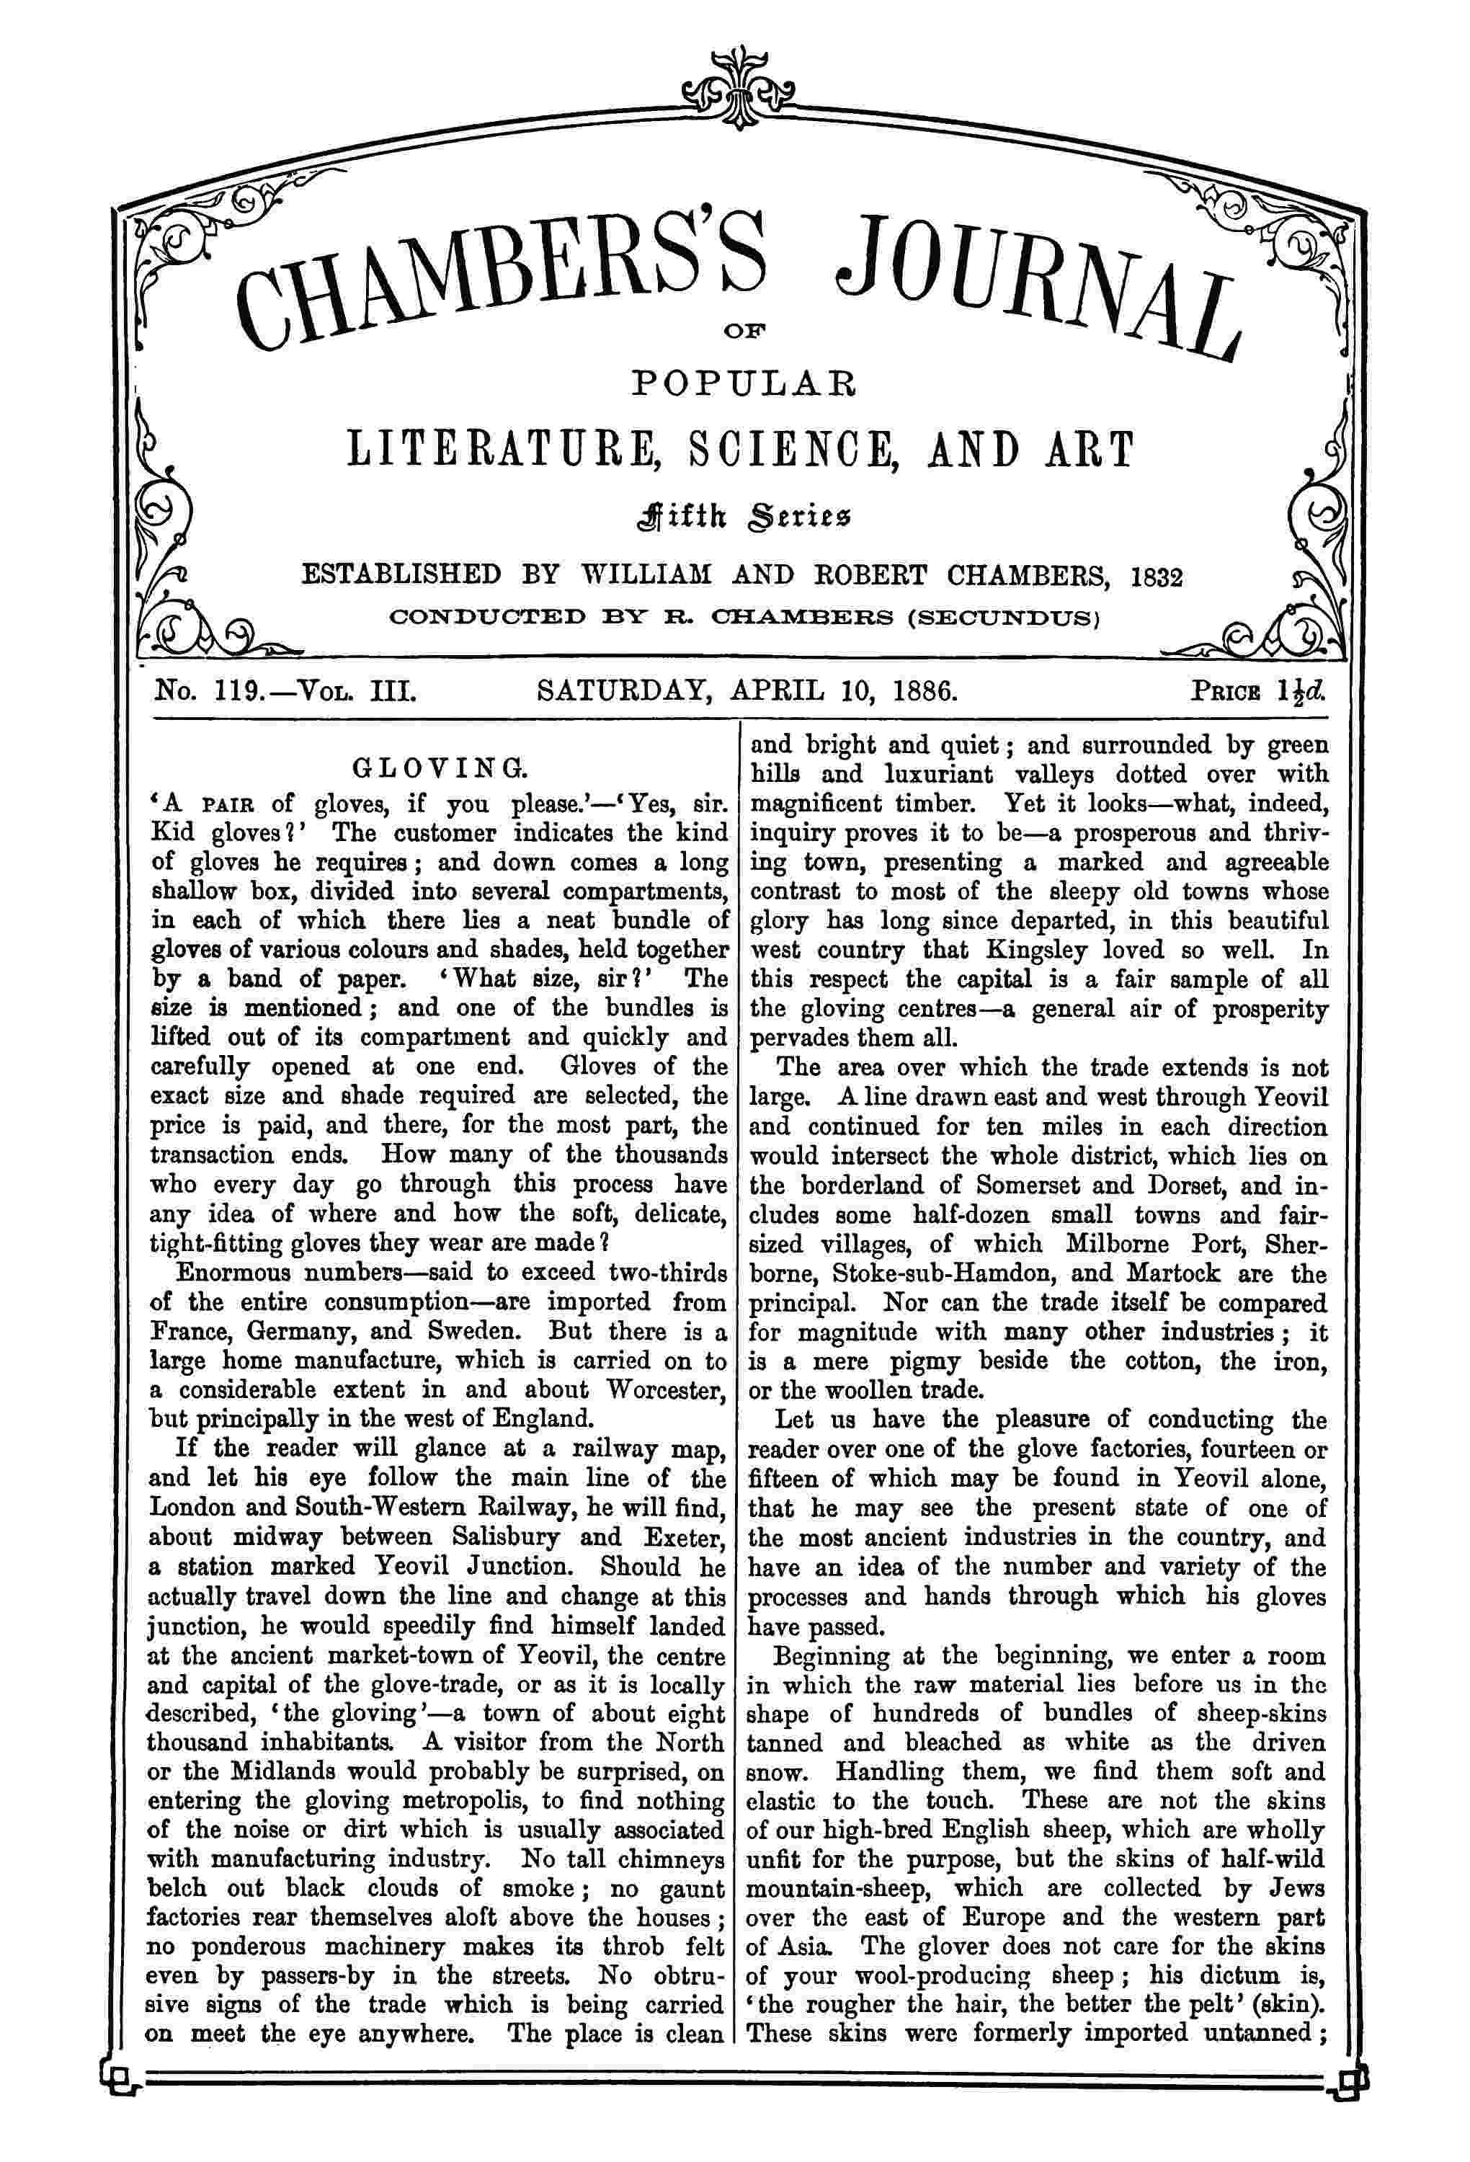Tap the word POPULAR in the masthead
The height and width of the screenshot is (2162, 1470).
tap(742, 383)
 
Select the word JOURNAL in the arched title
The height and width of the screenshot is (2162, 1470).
tap(1038, 288)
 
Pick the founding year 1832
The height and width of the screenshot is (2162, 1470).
tap(1157, 577)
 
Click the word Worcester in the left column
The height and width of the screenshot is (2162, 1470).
tap(665, 1390)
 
